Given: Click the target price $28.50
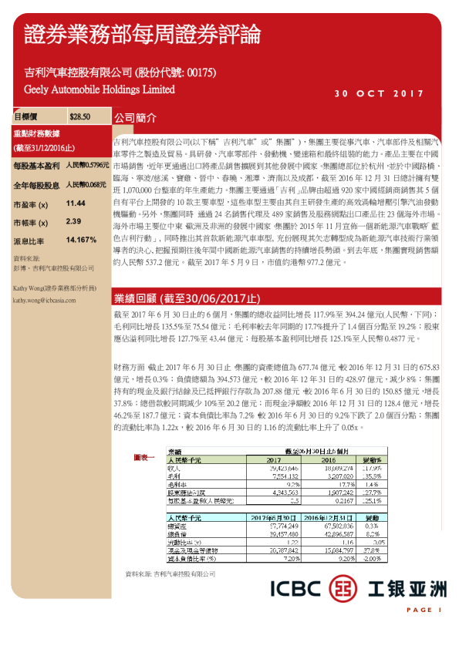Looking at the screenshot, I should (79, 117).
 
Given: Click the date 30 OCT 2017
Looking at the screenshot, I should (379, 94).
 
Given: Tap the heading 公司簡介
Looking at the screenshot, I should (136, 119).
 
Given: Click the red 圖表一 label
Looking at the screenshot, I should (145, 458).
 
